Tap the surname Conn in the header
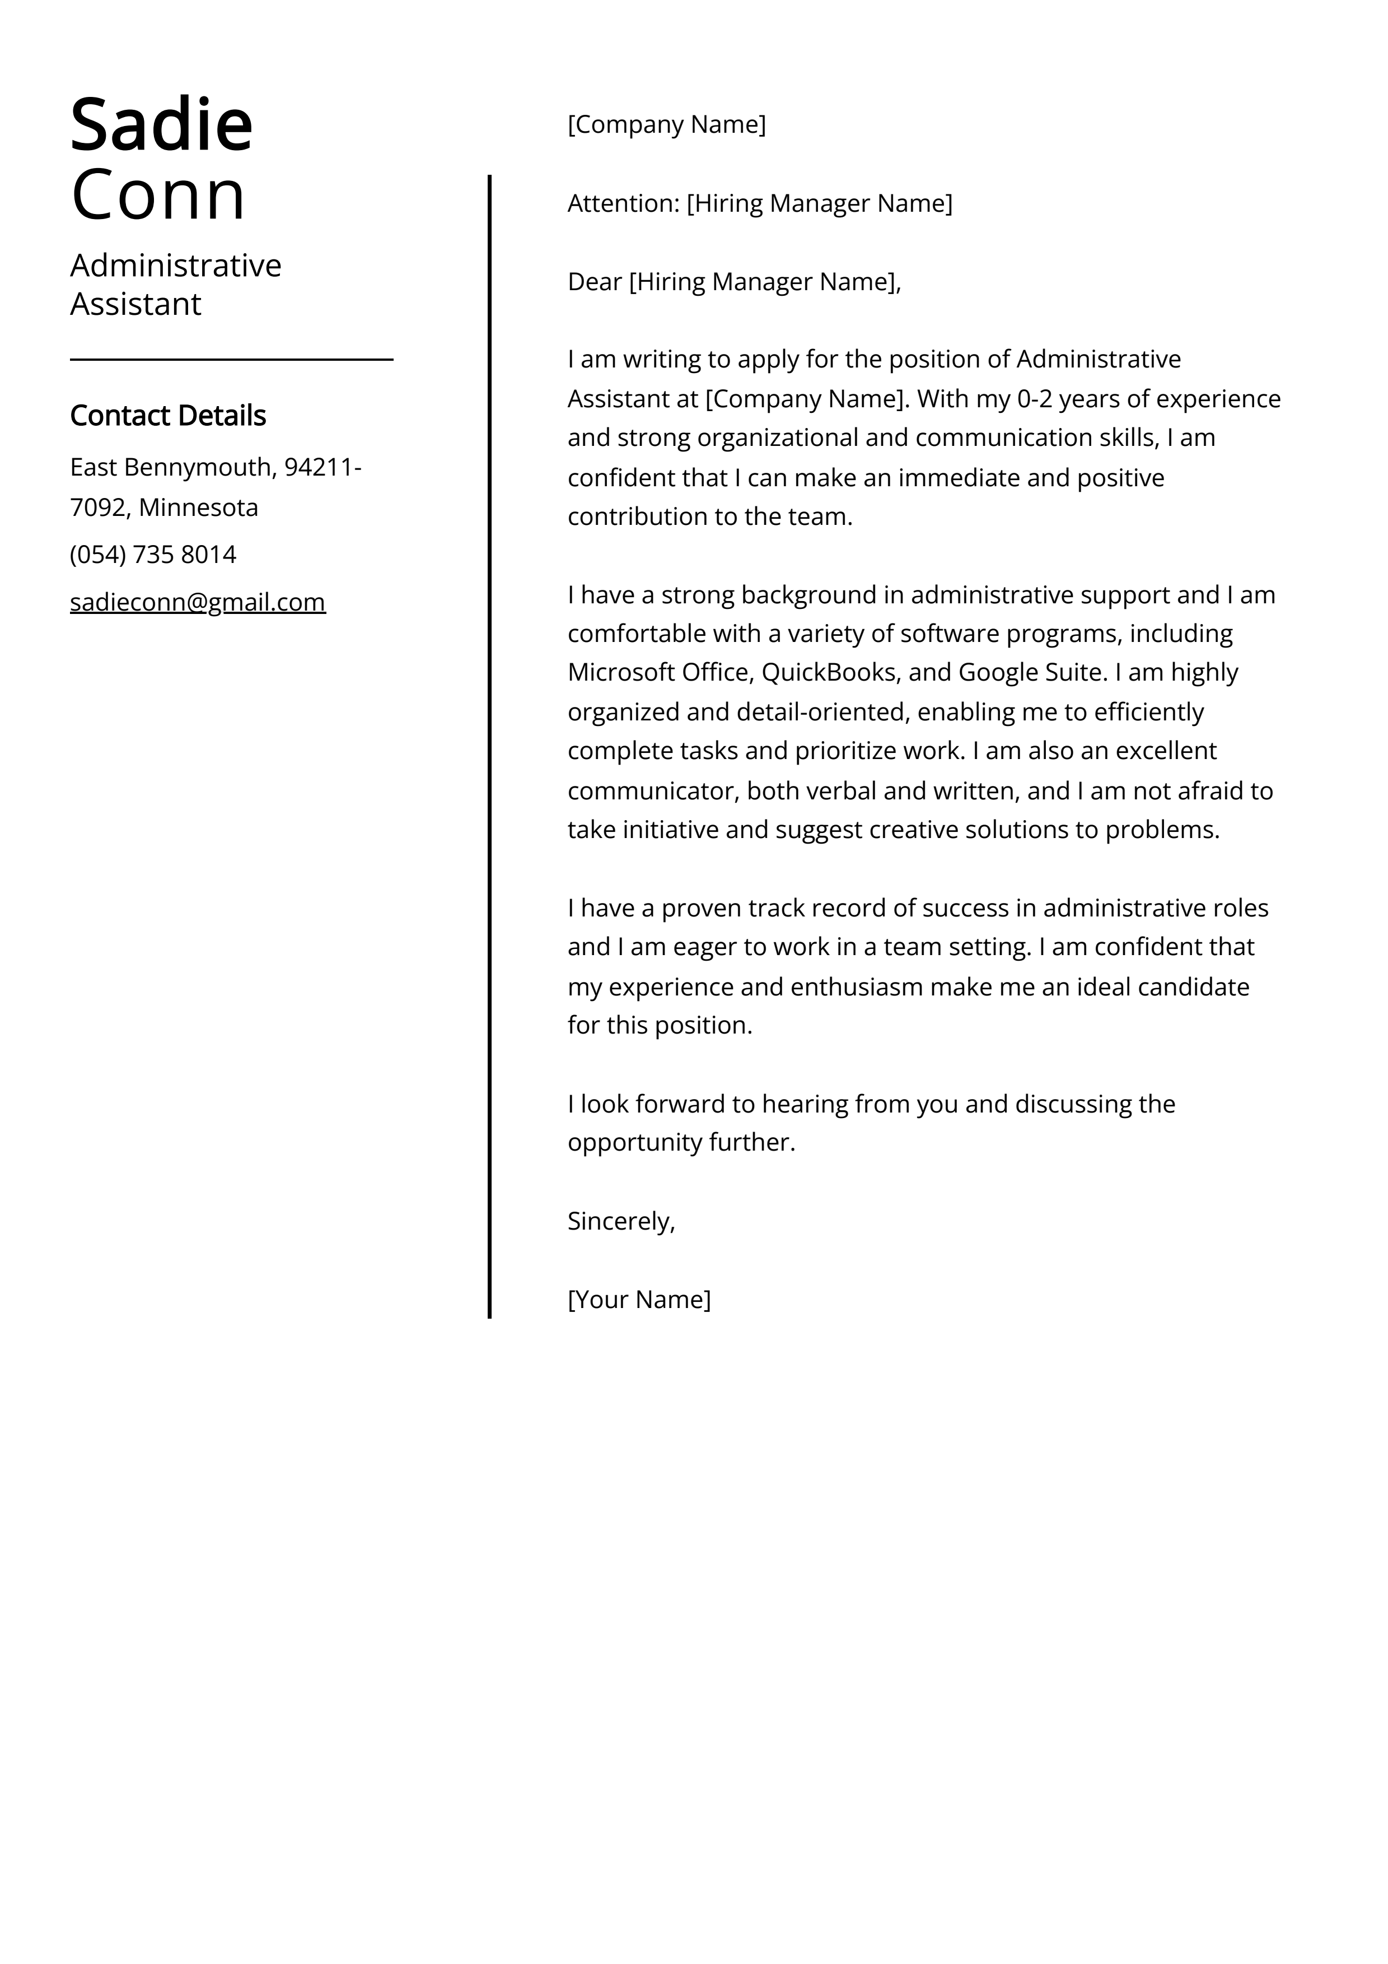158,195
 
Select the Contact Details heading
167,416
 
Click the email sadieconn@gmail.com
198,602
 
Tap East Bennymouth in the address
171,467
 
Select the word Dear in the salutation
595,282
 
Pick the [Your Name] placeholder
639,1300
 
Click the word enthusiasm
856,987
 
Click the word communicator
652,790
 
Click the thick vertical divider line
489,744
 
